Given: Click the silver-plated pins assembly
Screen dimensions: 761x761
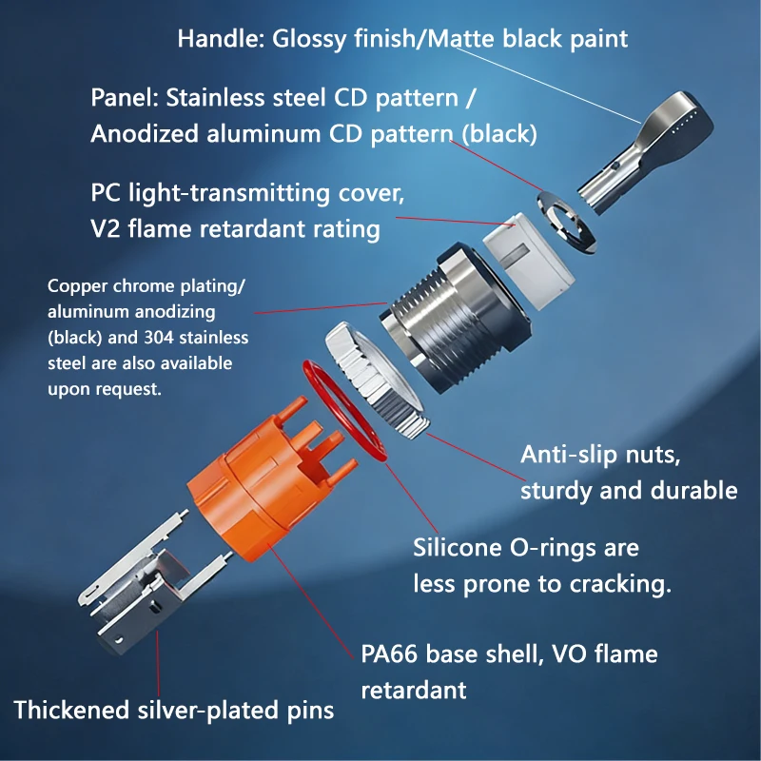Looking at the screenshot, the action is [x=146, y=582].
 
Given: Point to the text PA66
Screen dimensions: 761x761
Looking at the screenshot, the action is [x=389, y=654].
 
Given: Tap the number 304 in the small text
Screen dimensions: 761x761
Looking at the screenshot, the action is [x=159, y=338].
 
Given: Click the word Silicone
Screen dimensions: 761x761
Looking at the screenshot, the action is [x=458, y=548].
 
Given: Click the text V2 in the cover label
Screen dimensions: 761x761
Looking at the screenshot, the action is [x=106, y=229].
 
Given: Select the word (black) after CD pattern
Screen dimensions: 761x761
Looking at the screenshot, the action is [x=499, y=134].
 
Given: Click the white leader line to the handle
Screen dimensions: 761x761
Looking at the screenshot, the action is [x=549, y=86].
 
